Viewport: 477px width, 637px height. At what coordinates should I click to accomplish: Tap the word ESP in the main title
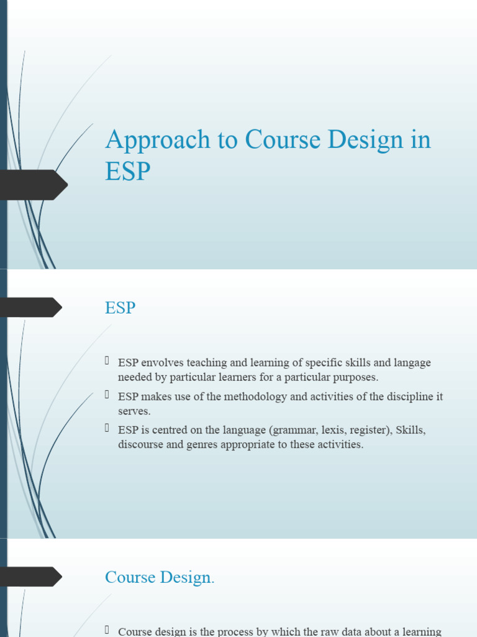[127, 171]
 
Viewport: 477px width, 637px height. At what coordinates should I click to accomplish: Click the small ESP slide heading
[120, 307]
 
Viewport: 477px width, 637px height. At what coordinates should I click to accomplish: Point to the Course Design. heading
[160, 577]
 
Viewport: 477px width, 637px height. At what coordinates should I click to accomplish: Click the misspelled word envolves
[161, 363]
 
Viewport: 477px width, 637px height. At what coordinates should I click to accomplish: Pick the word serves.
[134, 411]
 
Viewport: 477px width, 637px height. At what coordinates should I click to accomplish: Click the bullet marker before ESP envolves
[107, 361]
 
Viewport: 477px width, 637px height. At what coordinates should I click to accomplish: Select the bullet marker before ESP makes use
[107, 395]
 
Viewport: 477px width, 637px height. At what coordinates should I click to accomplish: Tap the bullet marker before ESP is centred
[107, 429]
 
